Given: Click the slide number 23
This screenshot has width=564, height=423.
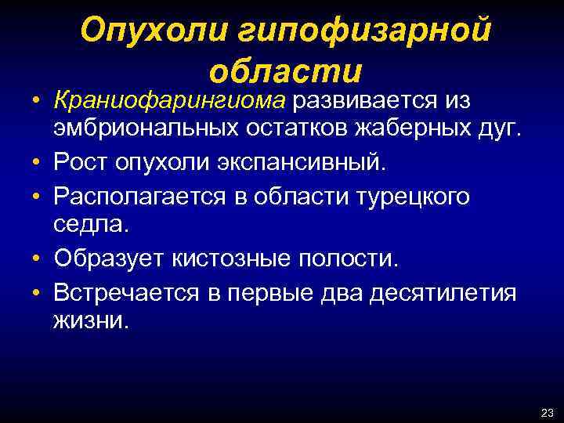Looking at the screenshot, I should click(x=547, y=412).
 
